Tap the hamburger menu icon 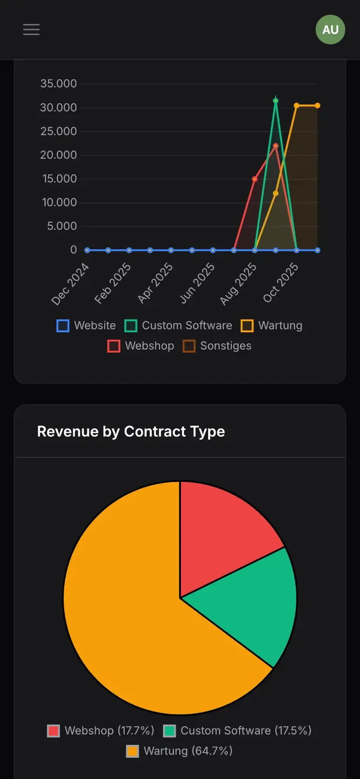pyautogui.click(x=31, y=30)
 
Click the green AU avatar pyautogui.click(x=330, y=30)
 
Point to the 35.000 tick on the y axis pyautogui.click(x=59, y=84)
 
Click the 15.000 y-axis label pyautogui.click(x=59, y=179)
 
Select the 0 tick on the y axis pyautogui.click(x=74, y=250)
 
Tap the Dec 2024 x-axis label pyautogui.click(x=70, y=284)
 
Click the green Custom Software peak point pyautogui.click(x=276, y=101)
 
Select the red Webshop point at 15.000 pyautogui.click(x=255, y=179)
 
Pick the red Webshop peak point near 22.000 pyautogui.click(x=276, y=146)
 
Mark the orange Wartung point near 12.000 pyautogui.click(x=276, y=193)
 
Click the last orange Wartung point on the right pyautogui.click(x=317, y=105)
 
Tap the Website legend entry pyautogui.click(x=86, y=325)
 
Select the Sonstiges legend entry pyautogui.click(x=217, y=346)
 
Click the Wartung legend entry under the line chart pyautogui.click(x=271, y=325)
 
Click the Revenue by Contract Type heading pyautogui.click(x=131, y=431)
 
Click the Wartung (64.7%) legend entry pyautogui.click(x=180, y=751)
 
